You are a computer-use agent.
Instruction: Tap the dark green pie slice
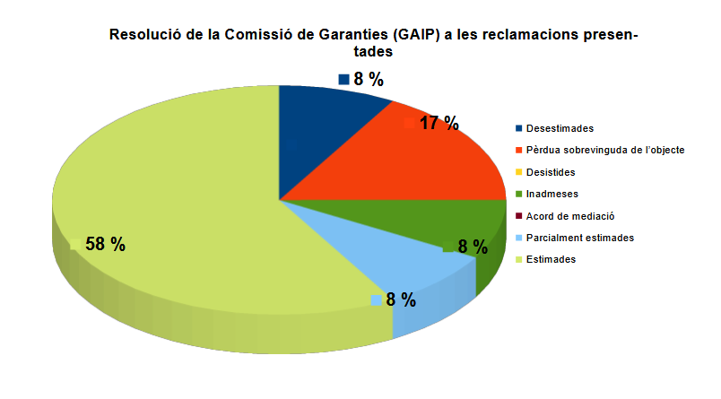(421, 220)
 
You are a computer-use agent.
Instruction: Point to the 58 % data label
(105, 245)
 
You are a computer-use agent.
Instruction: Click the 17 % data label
(439, 124)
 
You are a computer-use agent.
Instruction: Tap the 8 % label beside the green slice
(473, 247)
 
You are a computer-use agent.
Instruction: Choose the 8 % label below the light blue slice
(401, 300)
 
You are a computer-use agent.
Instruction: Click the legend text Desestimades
(560, 129)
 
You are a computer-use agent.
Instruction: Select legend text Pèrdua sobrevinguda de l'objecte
(605, 151)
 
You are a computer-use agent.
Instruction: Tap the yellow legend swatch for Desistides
(519, 172)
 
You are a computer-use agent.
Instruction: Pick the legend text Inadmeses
(552, 194)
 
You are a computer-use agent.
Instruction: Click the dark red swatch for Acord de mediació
(519, 216)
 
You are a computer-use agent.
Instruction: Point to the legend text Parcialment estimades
(580, 238)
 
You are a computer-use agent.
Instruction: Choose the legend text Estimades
(551, 259)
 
